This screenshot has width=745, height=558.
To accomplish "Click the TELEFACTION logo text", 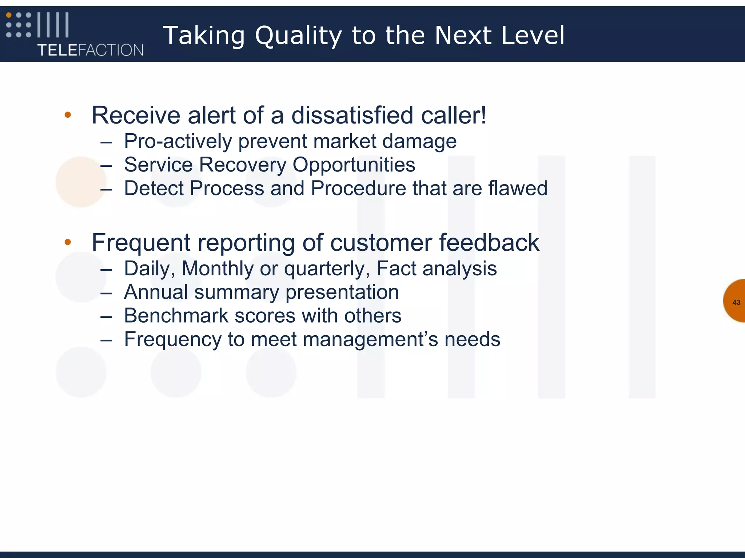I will [90, 50].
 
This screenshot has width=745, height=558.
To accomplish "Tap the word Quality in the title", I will [298, 36].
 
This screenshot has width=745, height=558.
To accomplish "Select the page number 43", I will [736, 302].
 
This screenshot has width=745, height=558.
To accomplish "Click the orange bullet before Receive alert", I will [68, 115].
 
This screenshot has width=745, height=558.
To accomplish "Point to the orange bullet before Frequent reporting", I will [68, 242].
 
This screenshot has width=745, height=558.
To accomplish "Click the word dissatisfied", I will [352, 115].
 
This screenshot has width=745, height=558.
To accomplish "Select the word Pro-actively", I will [178, 141].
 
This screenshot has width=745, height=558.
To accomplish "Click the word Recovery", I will [243, 165].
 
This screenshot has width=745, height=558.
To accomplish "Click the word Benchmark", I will [176, 316].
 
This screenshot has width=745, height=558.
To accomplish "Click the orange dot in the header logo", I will [9, 15].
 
